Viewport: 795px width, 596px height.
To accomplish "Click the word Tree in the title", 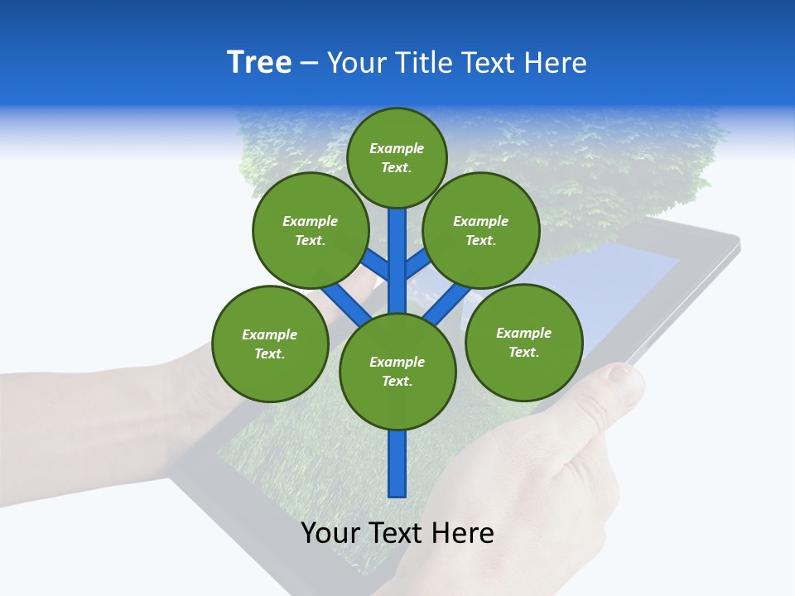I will [259, 63].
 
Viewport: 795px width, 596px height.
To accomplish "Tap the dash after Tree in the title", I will [309, 64].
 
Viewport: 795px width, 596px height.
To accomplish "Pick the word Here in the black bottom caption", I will [462, 533].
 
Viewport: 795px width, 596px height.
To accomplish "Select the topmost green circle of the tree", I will [397, 157].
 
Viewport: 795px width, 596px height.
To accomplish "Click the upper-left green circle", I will [310, 230].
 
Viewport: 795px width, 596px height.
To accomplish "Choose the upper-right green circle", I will [480, 230].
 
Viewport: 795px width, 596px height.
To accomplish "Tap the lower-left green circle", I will [269, 344].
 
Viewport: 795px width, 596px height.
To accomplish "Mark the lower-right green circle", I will [523, 342].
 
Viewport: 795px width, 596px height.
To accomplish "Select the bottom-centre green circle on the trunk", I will [397, 371].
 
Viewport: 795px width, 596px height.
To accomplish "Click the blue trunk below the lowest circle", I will [397, 464].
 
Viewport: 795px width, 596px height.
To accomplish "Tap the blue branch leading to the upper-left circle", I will [378, 263].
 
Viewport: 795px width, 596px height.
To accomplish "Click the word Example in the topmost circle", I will [397, 148].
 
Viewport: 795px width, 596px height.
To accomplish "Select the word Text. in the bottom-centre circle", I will [397, 381].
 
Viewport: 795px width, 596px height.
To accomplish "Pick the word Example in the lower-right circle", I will [523, 333].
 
